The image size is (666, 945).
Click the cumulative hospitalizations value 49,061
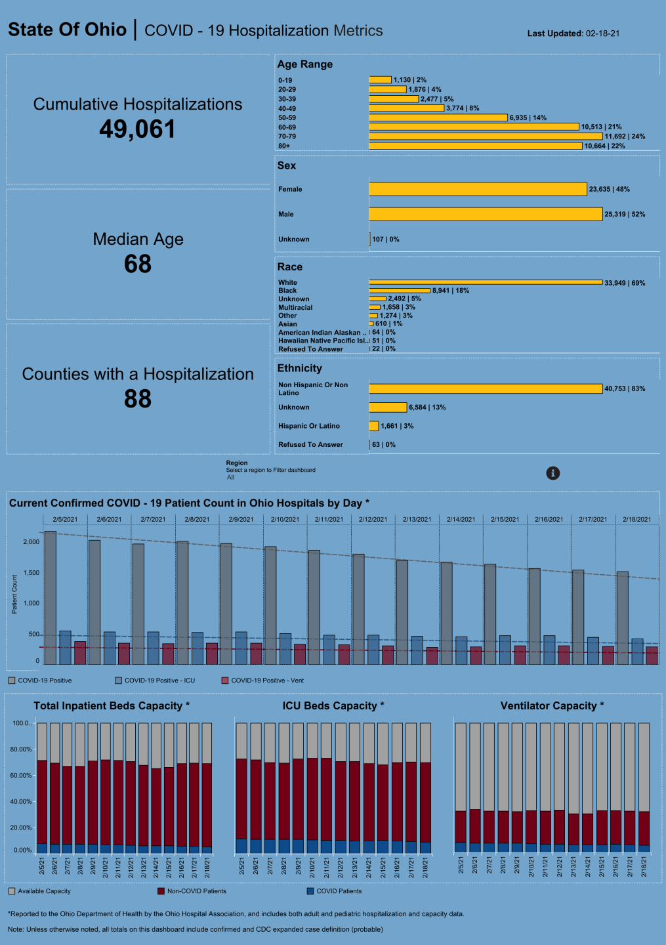tap(137, 129)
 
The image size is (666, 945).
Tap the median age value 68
tap(137, 264)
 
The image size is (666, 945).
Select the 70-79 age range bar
tap(485, 136)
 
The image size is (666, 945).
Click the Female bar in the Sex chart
tap(477, 189)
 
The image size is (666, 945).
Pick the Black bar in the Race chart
tap(399, 290)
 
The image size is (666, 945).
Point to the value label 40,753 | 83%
tap(624, 388)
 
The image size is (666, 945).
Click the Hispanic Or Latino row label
tap(308, 426)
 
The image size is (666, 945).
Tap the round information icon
tap(553, 473)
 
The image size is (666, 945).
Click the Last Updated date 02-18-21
tap(602, 33)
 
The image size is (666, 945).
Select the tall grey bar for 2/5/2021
tap(51, 597)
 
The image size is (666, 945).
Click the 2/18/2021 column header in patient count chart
tap(636, 519)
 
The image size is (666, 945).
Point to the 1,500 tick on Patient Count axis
tap(31, 573)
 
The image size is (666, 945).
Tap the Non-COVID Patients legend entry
tap(196, 891)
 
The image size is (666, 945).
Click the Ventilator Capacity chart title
tap(551, 705)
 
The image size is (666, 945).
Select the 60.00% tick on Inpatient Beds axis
tap(21, 775)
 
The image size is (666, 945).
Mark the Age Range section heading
tap(304, 64)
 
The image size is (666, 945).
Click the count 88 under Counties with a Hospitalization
tap(137, 399)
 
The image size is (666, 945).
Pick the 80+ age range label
tap(284, 146)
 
